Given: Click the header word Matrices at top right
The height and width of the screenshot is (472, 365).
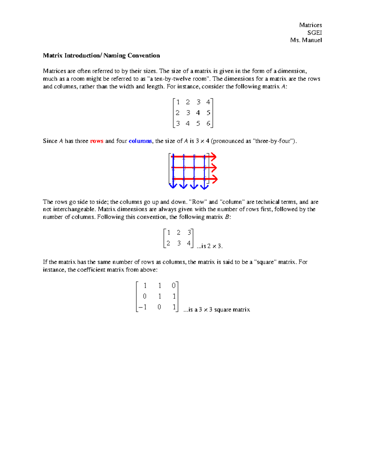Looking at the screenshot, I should tap(310, 25).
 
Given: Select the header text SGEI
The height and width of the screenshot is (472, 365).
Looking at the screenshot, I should tap(315, 33).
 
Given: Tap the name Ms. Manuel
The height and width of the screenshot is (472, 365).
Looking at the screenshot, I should tap(306, 40).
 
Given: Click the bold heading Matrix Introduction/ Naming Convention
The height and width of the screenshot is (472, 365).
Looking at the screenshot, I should tap(101, 56).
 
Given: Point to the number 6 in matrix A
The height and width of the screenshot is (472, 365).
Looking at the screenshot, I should tap(208, 123).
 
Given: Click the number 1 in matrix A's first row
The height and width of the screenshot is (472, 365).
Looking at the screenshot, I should tap(178, 102).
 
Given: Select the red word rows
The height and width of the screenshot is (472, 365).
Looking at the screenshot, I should tap(97, 141).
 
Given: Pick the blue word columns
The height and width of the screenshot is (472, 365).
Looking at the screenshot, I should tap(140, 141).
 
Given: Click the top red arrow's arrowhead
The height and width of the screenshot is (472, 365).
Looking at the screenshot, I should tap(214, 157).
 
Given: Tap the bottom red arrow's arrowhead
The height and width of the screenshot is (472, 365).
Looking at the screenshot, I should tap(215, 179).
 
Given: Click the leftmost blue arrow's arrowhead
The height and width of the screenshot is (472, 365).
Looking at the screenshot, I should tap(173, 186).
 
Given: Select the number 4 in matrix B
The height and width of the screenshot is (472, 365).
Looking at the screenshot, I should tap(189, 243).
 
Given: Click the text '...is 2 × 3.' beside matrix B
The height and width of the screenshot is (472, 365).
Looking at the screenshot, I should tap(210, 246).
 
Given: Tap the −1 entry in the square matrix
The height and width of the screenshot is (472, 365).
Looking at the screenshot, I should tap(142, 307).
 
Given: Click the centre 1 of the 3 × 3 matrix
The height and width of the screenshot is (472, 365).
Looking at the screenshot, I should tap(159, 296).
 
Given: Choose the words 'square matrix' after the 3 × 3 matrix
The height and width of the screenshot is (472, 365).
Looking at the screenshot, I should tap(232, 310).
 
